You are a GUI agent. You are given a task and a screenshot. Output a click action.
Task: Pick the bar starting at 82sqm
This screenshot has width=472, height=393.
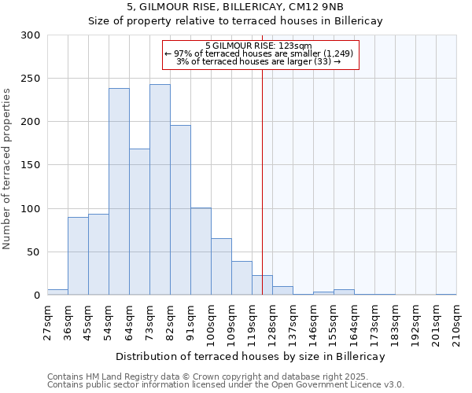point(180,210)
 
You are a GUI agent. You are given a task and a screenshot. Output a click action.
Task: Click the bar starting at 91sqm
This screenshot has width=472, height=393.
point(201,252)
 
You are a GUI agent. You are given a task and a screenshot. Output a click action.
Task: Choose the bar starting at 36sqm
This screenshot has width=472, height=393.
point(78,256)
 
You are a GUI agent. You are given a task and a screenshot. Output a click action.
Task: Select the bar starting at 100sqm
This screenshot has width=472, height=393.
point(221,266)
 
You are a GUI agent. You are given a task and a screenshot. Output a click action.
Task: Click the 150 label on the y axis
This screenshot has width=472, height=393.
point(31,165)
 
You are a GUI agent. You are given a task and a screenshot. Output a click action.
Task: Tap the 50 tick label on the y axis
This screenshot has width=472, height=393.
point(34,252)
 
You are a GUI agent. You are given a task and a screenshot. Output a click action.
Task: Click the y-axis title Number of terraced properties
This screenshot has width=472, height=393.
point(8,168)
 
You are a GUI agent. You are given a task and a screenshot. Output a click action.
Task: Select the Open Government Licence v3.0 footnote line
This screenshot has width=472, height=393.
point(226,384)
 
